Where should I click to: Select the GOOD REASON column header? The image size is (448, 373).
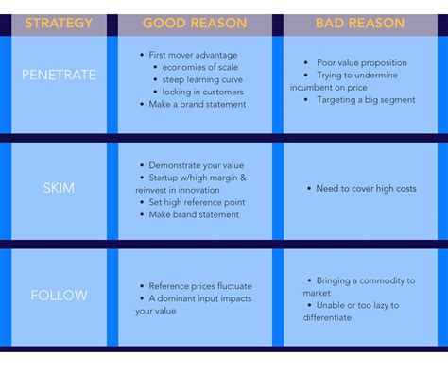pos(195,23)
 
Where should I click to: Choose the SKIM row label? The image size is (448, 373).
pos(59,188)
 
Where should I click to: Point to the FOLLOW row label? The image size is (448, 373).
pos(59,295)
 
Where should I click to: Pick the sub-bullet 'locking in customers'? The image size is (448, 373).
pos(202,93)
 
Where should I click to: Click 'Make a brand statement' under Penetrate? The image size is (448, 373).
pos(197,105)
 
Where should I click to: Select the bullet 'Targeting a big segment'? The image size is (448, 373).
pos(364,98)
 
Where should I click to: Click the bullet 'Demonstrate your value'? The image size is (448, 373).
pos(196,164)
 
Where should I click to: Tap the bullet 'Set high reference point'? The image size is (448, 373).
pos(196,201)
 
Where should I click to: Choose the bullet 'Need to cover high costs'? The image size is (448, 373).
pos(366,189)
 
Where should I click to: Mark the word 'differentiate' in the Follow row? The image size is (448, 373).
pos(327,317)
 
